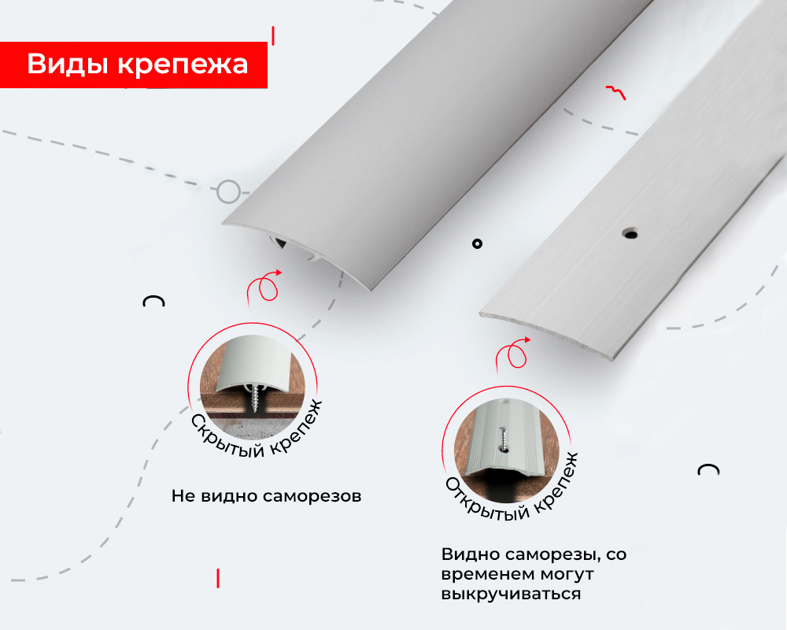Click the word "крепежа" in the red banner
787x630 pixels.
[183, 65]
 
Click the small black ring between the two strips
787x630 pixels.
[476, 243]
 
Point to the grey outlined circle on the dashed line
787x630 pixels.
[228, 191]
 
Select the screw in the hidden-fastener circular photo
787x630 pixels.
[257, 398]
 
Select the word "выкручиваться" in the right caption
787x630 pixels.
[511, 593]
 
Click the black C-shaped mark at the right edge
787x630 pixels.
[708, 470]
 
